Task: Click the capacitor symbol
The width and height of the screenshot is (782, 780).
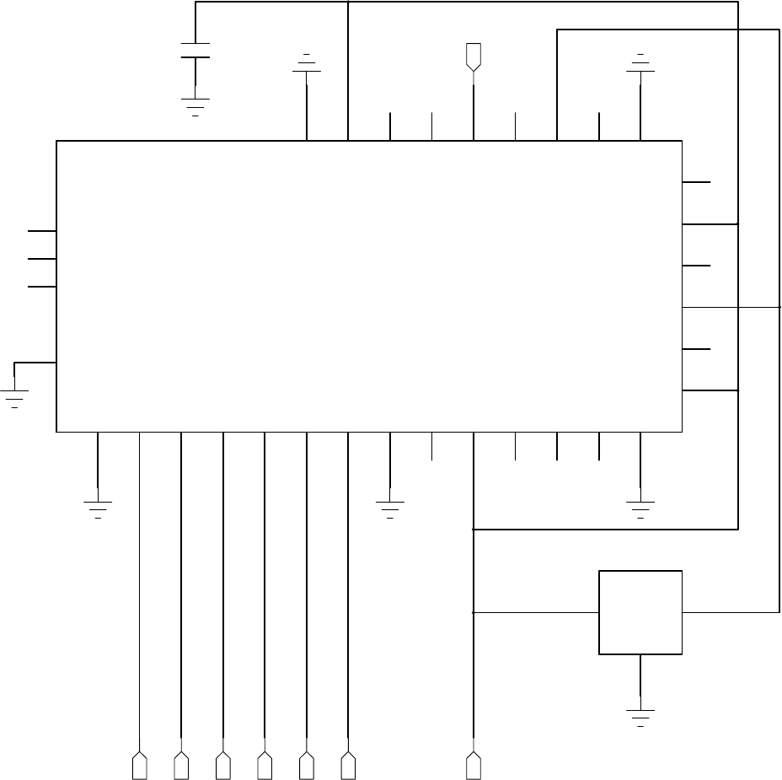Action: tap(195, 50)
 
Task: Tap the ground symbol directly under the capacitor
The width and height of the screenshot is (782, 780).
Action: tap(195, 105)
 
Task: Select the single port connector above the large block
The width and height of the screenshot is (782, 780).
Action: tap(474, 56)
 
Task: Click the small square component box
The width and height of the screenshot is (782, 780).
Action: tap(640, 612)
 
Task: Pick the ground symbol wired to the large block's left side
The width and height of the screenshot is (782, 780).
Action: tap(14, 396)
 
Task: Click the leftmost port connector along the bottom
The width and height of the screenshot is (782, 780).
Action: tap(139, 767)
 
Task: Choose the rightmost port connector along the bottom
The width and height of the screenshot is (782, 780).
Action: tap(474, 767)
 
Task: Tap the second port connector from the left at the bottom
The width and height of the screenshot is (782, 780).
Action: tap(181, 767)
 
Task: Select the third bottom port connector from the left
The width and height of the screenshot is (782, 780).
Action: tap(223, 767)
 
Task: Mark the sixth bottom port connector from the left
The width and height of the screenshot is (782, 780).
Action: tap(348, 767)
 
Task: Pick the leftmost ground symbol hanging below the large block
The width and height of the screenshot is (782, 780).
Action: tap(98, 508)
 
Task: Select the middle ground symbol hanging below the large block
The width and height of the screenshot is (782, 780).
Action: tap(390, 508)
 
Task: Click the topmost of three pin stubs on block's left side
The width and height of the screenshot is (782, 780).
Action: tap(42, 230)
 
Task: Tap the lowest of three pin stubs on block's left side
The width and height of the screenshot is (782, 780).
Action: tap(42, 287)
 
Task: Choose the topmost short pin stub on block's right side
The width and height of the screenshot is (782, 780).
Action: tap(696, 181)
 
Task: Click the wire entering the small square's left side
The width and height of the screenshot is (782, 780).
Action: tap(536, 612)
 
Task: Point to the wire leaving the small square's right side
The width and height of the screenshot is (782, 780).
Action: tap(730, 612)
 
